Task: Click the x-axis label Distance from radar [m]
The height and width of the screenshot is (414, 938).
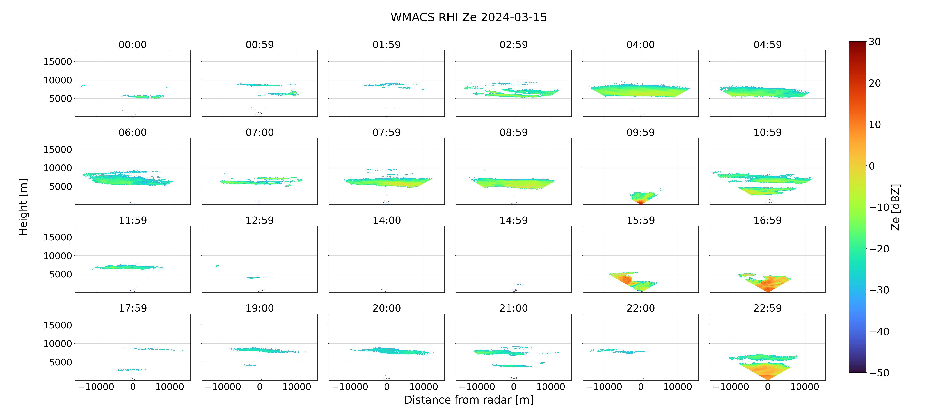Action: (469, 400)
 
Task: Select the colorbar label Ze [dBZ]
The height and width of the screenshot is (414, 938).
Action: (895, 207)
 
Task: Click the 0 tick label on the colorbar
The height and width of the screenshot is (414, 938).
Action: (872, 166)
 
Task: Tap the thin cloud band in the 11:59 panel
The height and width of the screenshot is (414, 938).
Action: (128, 267)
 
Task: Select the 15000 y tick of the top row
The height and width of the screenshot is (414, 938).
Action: (58, 62)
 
